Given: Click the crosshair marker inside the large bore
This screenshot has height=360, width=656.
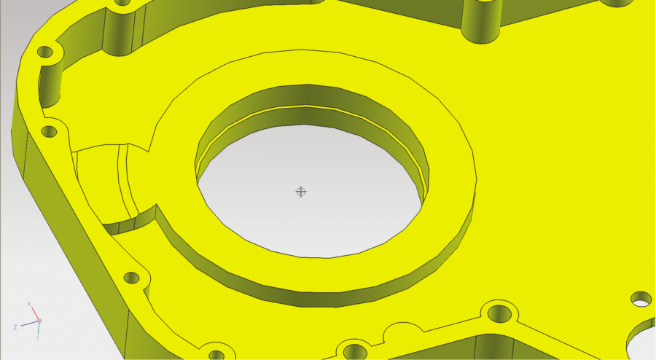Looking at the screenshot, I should [x=300, y=192].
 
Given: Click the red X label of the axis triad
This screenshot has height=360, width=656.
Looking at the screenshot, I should [x=29, y=303].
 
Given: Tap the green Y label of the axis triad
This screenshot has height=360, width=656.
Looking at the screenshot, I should [x=37, y=338].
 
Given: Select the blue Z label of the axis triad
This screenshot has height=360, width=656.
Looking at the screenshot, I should [x=15, y=327].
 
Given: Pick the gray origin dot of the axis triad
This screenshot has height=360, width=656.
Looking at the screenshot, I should [x=39, y=321].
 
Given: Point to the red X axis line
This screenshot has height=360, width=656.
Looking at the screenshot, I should [x=35, y=313].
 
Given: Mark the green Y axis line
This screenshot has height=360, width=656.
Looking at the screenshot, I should [x=39, y=328].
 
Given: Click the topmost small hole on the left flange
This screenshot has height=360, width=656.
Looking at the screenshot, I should [x=46, y=53].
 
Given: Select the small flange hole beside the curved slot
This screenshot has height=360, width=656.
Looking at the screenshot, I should [x=49, y=132].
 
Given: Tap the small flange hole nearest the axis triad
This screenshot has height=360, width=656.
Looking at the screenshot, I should [x=132, y=278].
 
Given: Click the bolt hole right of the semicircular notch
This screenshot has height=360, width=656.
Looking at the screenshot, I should [x=499, y=314].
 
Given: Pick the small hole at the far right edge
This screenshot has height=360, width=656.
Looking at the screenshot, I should [x=641, y=298].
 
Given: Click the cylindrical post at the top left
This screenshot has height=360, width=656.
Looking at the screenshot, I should [x=120, y=29].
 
